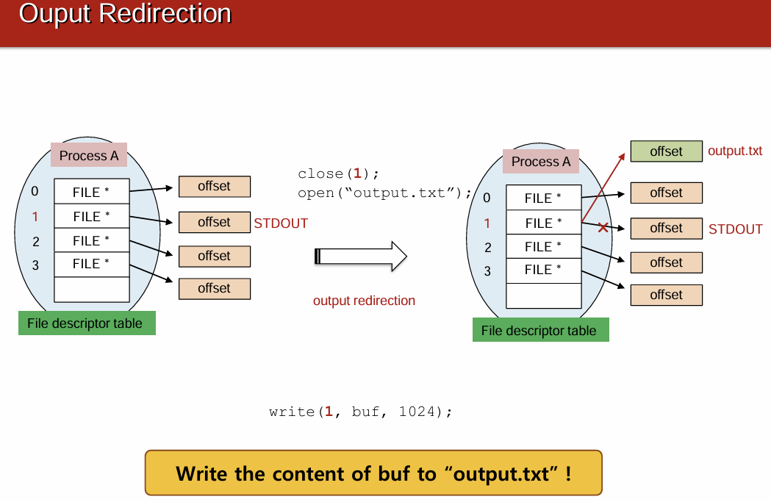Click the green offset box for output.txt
[666, 151]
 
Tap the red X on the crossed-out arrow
[603, 228]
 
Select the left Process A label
[89, 156]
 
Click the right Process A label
[541, 162]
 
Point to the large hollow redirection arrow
[360, 256]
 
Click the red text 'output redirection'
[364, 301]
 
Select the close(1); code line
[339, 174]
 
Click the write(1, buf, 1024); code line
[360, 412]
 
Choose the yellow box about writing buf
[373, 473]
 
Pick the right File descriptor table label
[539, 331]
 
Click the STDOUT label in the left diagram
[281, 223]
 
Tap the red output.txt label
[734, 151]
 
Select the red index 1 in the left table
[35, 217]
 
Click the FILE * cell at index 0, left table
[91, 192]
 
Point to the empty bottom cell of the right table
[543, 295]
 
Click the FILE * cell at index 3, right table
[543, 270]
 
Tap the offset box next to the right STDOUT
[666, 228]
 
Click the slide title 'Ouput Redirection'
[125, 14]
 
